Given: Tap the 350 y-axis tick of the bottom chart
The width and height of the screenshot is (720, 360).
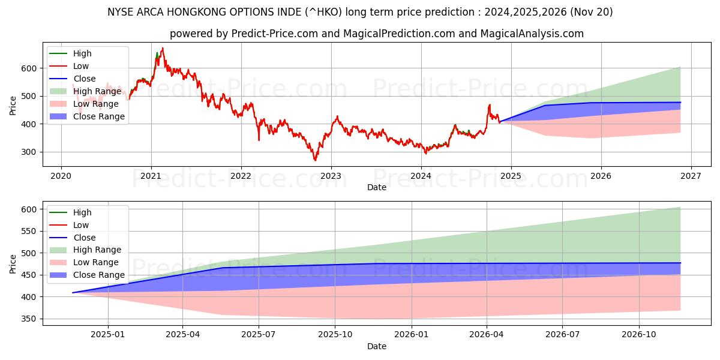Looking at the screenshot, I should tap(29, 319).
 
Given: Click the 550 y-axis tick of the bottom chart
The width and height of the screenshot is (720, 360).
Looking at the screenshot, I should tap(29, 231).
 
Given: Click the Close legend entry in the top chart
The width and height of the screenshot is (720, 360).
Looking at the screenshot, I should tap(85, 79).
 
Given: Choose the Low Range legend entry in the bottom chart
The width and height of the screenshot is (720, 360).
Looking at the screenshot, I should tap(97, 262).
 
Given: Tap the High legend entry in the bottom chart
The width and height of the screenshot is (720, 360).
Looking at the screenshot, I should tap(82, 212).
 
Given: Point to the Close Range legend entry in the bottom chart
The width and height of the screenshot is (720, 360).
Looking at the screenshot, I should tap(99, 275).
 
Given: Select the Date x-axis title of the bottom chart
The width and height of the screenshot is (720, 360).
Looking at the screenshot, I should tap(376, 346).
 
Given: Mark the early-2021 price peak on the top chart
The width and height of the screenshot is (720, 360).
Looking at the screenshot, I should tap(162, 49).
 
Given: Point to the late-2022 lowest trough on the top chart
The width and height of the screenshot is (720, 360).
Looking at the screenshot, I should tap(315, 160).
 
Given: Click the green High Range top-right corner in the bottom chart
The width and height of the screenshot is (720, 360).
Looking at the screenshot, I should tap(680, 208).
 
